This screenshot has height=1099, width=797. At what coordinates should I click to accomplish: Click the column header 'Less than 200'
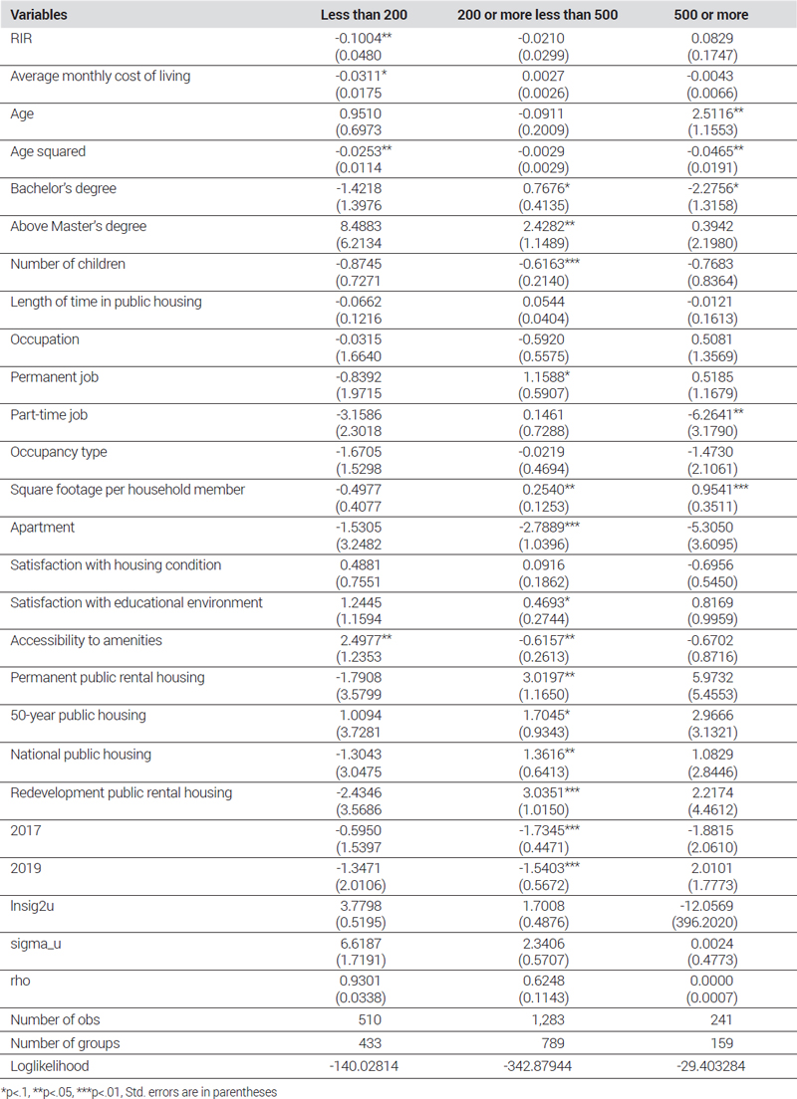(364, 15)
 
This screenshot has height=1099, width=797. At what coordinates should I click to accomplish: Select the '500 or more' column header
(710, 15)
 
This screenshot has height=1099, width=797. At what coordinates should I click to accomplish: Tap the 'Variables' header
(39, 15)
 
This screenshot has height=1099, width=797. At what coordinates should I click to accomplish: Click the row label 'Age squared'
(48, 151)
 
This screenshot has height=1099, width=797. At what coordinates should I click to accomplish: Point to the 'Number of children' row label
(68, 264)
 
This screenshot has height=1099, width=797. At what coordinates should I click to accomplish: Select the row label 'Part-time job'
(49, 414)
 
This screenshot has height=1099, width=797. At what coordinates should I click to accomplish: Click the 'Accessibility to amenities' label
(86, 640)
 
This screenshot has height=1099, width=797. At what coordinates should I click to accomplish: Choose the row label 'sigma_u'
(35, 944)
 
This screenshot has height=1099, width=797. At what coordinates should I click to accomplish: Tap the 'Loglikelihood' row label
(49, 1066)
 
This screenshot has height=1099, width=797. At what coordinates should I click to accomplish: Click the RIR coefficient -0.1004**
(363, 39)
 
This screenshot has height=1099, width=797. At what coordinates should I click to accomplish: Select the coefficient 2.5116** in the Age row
(717, 113)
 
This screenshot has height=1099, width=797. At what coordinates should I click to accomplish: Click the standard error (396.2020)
(710, 923)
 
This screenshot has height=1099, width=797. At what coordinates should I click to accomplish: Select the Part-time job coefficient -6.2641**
(715, 414)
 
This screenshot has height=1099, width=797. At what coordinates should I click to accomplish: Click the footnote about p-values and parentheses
(139, 1092)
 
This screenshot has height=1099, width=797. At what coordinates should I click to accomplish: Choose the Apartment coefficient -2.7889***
(549, 527)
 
